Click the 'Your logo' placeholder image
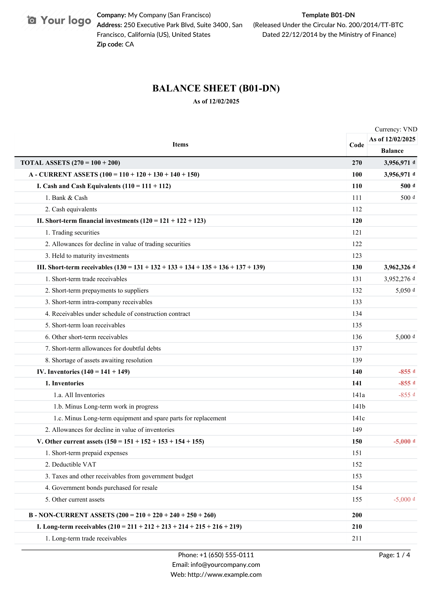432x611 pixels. coord(59,20)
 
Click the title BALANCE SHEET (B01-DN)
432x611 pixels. coord(216,88)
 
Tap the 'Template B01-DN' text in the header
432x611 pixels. coord(328,15)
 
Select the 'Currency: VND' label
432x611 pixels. coord(396,129)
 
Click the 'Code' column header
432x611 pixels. coord(356,145)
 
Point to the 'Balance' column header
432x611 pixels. coord(392,151)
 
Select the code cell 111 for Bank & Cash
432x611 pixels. coord(357,198)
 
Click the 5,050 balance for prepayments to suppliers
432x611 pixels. coord(403,290)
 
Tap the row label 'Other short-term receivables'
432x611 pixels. coord(89,337)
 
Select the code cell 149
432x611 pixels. coord(357,430)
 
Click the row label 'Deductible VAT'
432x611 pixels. coord(74,465)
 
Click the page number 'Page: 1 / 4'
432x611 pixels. coord(394,555)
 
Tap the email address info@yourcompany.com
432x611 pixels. coord(225,565)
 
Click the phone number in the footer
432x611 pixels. coord(227,555)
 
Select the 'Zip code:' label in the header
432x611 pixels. coord(110,44)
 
